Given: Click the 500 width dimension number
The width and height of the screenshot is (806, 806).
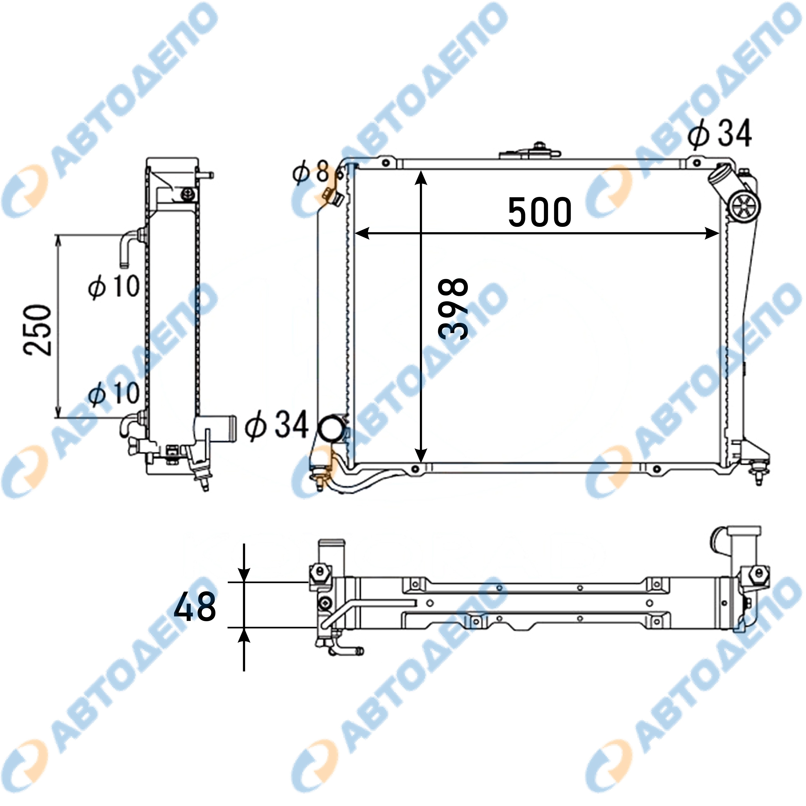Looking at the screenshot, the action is tap(539, 212).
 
